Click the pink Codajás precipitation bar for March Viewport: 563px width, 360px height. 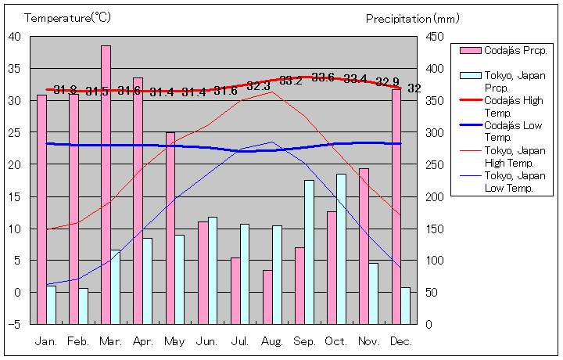[106, 184]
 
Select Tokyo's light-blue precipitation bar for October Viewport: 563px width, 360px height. [341, 248]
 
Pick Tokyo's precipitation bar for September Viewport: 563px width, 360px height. [309, 251]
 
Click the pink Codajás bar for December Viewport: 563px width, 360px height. [396, 207]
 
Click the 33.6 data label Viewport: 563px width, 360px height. [323, 77]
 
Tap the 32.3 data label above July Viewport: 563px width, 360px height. [258, 85]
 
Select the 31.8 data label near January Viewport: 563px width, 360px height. [65, 90]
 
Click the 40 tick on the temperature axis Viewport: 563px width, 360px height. [15, 36]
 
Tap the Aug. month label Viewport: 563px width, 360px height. [272, 342]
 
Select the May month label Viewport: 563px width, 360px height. [175, 342]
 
